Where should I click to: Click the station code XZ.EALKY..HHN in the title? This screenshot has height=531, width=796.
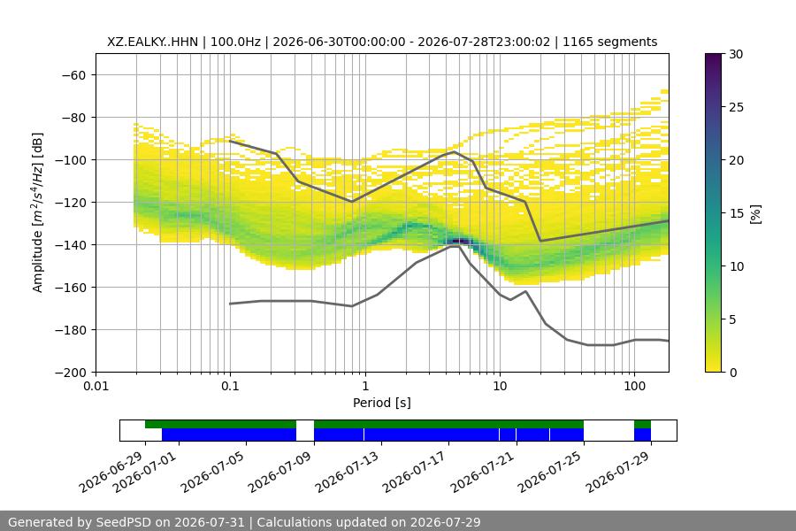[152, 42]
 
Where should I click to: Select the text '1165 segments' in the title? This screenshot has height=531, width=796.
[609, 42]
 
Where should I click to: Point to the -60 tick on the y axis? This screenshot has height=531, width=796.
[73, 75]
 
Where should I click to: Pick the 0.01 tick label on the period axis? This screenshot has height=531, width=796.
[96, 386]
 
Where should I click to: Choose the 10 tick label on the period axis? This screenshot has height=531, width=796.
[500, 386]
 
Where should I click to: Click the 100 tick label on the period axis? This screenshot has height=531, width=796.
[634, 386]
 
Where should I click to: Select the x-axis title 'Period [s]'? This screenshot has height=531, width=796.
[382, 403]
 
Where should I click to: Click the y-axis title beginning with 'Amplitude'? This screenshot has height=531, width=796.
[38, 212]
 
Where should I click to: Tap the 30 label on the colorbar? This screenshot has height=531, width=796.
[736, 54]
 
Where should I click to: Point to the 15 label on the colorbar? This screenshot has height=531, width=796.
[736, 213]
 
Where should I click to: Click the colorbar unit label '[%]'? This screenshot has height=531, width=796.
[756, 214]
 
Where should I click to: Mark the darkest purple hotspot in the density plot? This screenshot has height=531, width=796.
[460, 241]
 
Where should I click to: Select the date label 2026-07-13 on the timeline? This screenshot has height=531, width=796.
[347, 472]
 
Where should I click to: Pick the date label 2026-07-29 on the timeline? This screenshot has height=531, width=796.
[617, 472]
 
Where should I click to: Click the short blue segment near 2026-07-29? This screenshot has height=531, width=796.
[642, 435]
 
